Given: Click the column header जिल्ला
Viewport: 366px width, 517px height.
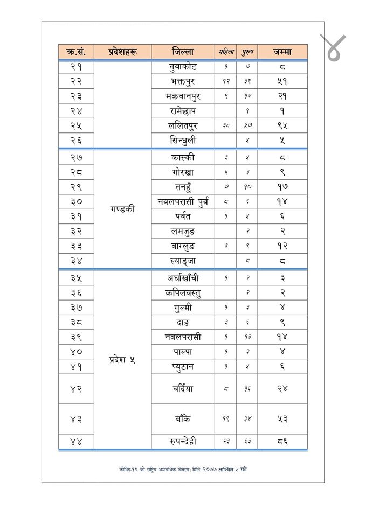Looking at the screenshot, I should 183,52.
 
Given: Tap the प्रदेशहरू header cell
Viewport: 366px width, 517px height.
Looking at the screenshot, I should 122,52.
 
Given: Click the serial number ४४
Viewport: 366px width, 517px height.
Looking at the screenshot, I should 76,442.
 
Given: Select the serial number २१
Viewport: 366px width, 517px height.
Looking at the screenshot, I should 76,66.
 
